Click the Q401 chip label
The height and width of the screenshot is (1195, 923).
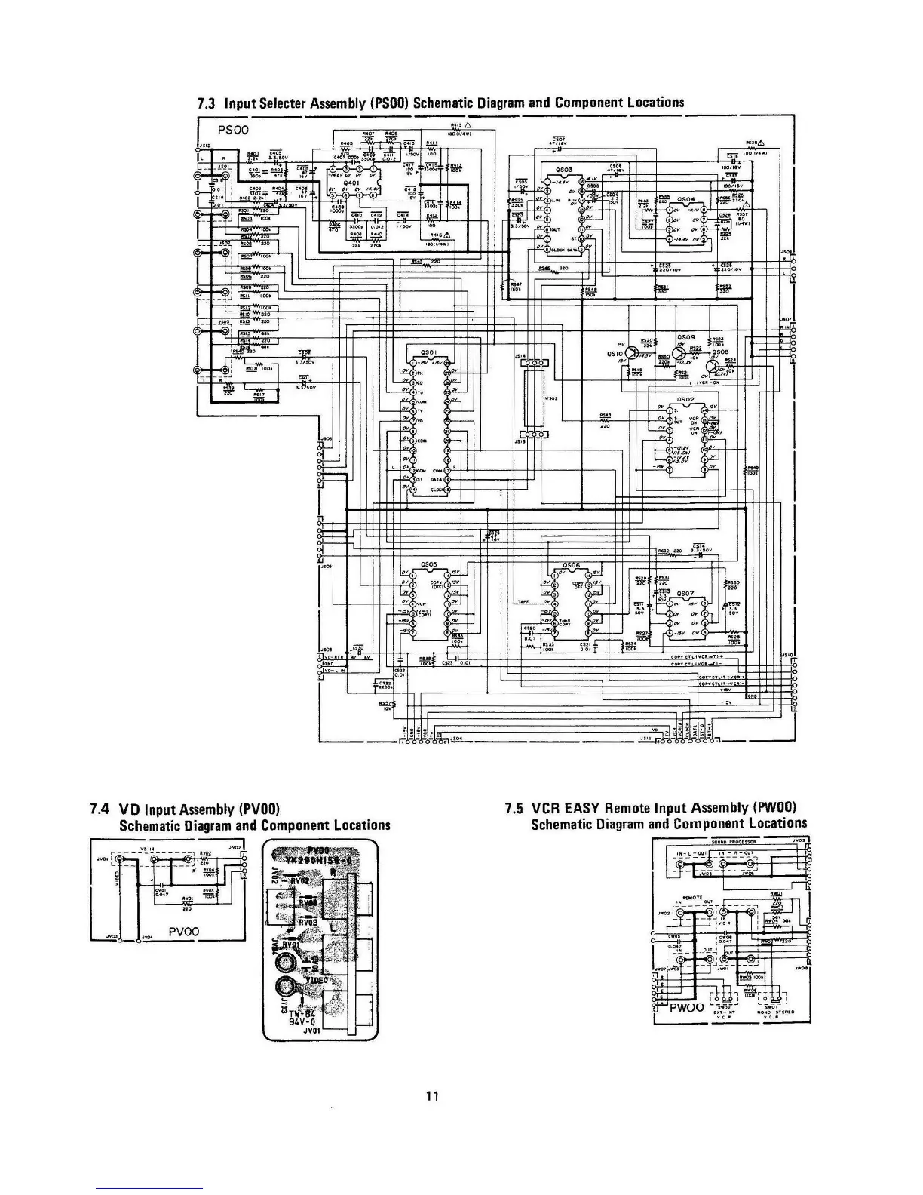click(351, 183)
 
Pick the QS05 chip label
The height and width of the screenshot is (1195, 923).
click(428, 564)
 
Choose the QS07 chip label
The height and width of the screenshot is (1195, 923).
click(685, 594)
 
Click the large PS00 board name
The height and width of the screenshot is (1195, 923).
click(233, 130)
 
